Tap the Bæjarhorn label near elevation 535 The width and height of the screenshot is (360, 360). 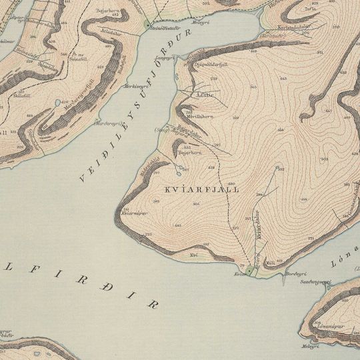pyautogui.click(x=192, y=153)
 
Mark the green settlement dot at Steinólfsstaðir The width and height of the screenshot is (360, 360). pyautogui.click(x=148, y=24)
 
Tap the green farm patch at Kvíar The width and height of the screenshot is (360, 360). pyautogui.click(x=251, y=269)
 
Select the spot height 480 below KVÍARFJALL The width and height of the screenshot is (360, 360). pyautogui.click(x=232, y=183)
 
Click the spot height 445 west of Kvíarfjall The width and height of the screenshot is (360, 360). pyautogui.click(x=177, y=227)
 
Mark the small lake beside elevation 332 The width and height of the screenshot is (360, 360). pyautogui.click(x=276, y=167)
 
